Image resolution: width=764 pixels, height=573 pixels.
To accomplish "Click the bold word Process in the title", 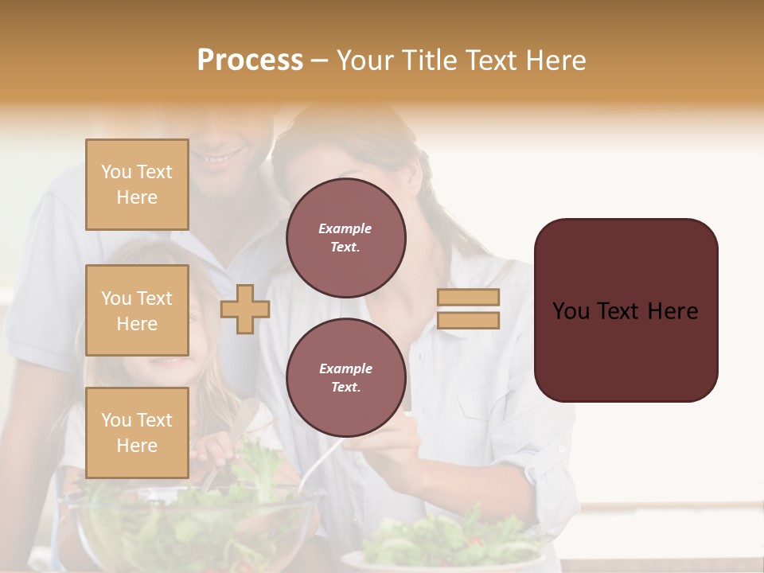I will coord(250,60).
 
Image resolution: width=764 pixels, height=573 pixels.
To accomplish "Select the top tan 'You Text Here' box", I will coord(137,185).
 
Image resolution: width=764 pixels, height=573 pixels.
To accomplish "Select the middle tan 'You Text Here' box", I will coord(137,310).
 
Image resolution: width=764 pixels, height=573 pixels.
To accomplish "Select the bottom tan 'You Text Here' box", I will coord(137,432).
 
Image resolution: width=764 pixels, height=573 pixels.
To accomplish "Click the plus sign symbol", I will coord(244,309).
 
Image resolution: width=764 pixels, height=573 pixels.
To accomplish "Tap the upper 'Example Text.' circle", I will coord(345,238).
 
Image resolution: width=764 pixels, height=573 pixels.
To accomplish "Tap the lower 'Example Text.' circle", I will coord(345,378).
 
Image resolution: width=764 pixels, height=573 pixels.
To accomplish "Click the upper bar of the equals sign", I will coord(468,297).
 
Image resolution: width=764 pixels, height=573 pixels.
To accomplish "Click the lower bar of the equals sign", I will coord(468,320).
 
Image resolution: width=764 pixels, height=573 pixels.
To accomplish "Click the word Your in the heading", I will coord(363,60).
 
